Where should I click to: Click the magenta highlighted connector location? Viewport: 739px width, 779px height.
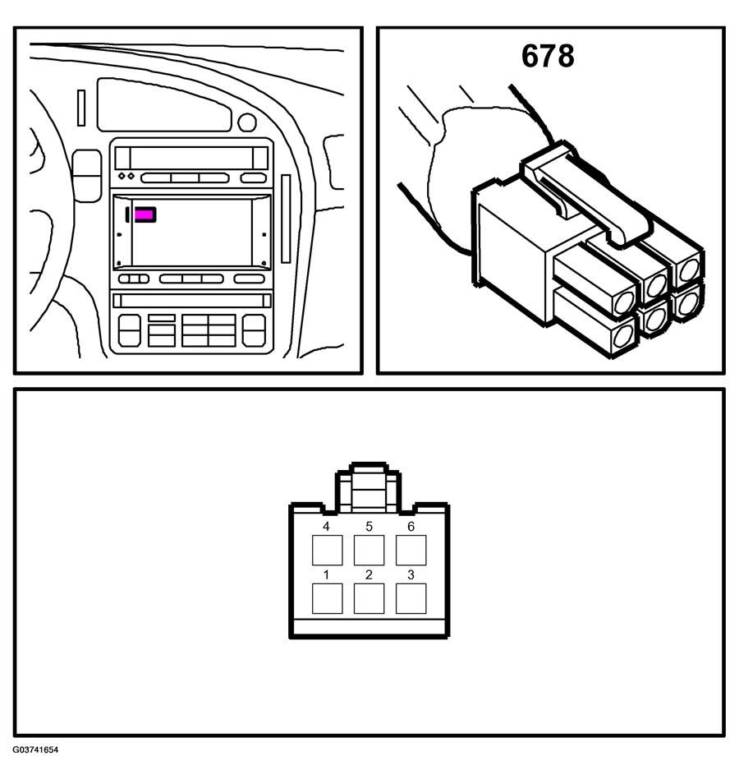pos(145,214)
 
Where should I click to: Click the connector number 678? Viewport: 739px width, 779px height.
pos(548,56)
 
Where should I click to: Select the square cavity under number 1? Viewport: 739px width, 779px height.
pos(327,598)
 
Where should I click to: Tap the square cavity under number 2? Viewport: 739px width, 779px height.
pos(369,598)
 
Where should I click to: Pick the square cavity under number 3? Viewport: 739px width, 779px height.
pos(411,598)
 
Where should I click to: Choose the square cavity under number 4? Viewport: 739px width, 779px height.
pos(327,550)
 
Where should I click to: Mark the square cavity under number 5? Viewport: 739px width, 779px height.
pos(369,550)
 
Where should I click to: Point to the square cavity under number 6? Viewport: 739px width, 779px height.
pos(411,550)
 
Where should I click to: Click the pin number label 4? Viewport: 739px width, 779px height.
pos(326,527)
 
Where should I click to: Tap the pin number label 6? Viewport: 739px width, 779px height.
pos(411,527)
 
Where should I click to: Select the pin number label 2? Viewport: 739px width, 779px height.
pos(369,575)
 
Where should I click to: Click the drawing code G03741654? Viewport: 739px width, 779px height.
pos(35,749)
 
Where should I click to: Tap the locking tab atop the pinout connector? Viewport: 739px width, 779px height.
pos(368,487)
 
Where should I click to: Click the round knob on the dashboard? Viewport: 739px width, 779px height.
pos(246,122)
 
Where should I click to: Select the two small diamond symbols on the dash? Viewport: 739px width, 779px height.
pos(126,177)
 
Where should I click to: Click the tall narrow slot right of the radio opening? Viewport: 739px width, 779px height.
pos(286,219)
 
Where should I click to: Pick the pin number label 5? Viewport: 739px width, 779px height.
pos(369,527)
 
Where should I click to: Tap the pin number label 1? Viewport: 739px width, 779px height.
pos(326,575)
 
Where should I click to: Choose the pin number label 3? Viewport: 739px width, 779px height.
pos(411,575)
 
